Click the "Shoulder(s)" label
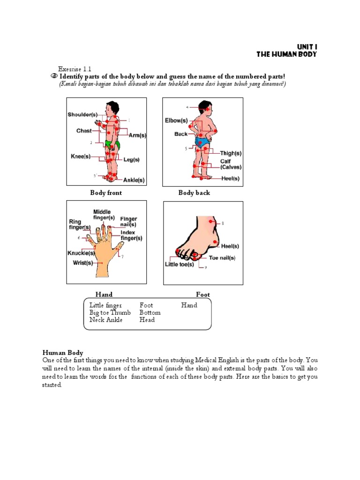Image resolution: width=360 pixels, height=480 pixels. [x=82, y=114]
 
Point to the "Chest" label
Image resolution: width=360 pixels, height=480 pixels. [x=84, y=131]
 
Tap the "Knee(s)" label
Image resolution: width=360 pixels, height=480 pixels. [x=80, y=157]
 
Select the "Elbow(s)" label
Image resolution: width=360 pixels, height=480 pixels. [x=176, y=120]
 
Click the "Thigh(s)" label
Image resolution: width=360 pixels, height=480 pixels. [x=231, y=153]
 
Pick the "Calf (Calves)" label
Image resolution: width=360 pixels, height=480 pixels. [x=231, y=164]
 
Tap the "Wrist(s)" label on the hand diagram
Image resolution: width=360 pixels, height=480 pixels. [x=82, y=263]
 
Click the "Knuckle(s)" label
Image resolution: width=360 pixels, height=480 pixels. [x=81, y=253]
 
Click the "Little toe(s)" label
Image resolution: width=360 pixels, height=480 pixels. [x=179, y=264]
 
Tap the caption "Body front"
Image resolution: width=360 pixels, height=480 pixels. [x=106, y=193]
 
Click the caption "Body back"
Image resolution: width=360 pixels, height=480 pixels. [x=194, y=193]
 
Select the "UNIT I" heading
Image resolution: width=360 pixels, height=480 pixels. [x=307, y=46]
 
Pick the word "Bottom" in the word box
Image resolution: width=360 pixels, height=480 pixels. [x=150, y=313]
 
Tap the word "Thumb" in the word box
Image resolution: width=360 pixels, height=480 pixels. [x=120, y=313]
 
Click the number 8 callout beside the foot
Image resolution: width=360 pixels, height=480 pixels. [x=223, y=224]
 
